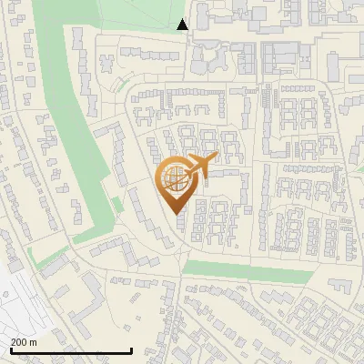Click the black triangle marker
click(x=183, y=25)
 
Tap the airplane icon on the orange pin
click(x=199, y=167)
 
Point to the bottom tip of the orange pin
click(x=174, y=216)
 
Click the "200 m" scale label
click(x=24, y=341)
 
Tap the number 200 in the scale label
click(x=19, y=341)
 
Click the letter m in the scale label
click(x=33, y=341)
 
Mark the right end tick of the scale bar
click(x=131, y=349)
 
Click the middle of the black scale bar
click(x=70, y=351)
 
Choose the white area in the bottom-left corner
click(x=18, y=300)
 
